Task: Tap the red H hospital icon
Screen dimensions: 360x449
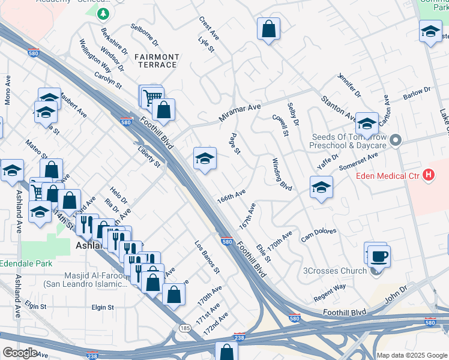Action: [428, 175]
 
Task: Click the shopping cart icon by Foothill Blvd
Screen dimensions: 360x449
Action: [152, 96]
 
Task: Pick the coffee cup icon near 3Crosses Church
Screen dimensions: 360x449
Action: [379, 256]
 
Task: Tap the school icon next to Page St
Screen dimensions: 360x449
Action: [205, 159]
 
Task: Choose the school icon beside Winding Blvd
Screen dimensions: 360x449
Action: [321, 187]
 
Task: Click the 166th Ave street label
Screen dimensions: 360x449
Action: [231, 197]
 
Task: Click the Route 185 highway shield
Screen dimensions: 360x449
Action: [184, 327]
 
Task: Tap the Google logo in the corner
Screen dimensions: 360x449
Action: [20, 352]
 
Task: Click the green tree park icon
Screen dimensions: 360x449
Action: [104, 13]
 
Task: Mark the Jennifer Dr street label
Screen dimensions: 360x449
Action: [349, 86]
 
